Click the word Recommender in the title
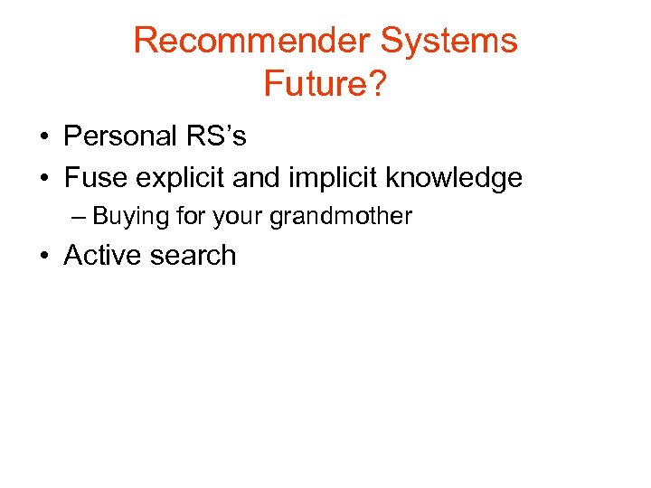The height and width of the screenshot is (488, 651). click(x=251, y=41)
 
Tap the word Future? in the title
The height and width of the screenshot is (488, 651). click(x=325, y=83)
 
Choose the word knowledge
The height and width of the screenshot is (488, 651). click(x=454, y=178)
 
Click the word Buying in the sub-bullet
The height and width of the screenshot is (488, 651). click(x=127, y=217)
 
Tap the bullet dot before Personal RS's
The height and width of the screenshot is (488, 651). click(x=43, y=137)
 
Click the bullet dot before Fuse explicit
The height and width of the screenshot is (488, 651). click(x=43, y=179)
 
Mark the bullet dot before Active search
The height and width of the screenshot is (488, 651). click(x=43, y=257)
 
